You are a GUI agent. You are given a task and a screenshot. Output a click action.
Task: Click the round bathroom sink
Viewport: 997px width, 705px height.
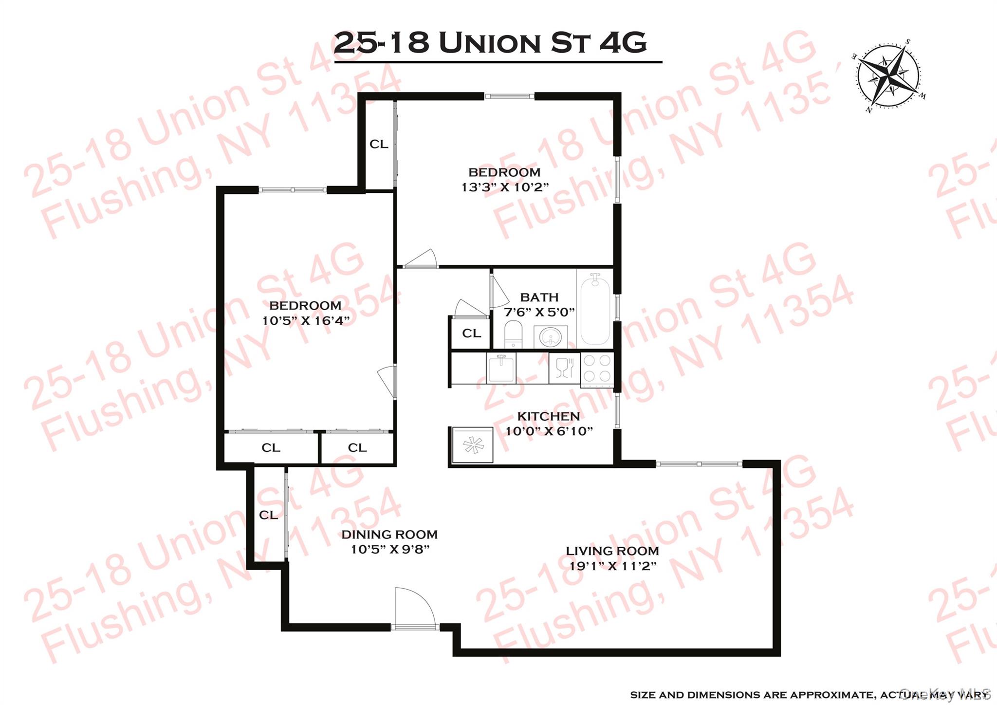(551, 336)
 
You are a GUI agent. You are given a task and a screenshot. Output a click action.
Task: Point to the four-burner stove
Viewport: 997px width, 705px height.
(597, 369)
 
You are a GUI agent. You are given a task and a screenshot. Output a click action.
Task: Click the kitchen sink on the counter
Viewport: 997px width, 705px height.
(501, 368)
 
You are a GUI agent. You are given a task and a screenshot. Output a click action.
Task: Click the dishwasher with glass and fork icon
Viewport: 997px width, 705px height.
(564, 368)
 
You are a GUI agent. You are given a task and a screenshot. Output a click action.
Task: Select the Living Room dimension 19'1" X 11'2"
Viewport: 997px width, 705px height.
(613, 566)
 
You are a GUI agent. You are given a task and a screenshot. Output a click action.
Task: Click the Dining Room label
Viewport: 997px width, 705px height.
(389, 535)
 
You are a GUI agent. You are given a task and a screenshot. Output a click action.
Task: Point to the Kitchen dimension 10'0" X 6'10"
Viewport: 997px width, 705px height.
(549, 431)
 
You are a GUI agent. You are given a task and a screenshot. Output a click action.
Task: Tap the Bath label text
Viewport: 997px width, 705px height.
(539, 297)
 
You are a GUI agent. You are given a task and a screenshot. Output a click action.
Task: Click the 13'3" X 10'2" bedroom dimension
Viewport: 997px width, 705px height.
(505, 187)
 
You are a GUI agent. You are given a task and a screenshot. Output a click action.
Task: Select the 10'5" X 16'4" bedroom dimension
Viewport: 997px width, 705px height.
(306, 321)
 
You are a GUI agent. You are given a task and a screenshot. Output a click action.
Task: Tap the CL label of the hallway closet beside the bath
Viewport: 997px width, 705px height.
(471, 334)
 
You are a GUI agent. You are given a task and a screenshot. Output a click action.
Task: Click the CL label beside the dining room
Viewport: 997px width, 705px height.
(268, 515)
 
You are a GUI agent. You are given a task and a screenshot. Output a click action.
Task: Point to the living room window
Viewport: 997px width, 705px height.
(699, 464)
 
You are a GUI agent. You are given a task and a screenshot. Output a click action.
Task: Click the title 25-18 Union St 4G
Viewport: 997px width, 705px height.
(490, 43)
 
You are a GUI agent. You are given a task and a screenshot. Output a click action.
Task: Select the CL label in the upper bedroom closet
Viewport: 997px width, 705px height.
(379, 144)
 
